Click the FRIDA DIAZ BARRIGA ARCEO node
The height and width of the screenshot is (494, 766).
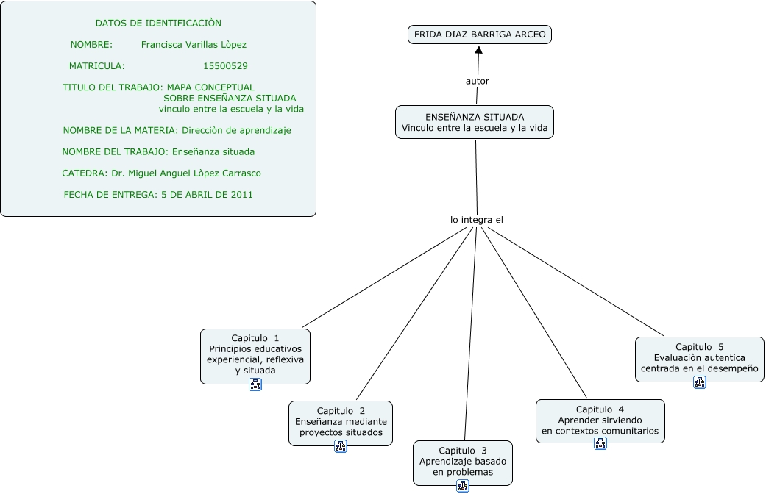click(479, 35)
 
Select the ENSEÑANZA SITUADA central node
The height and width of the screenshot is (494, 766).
click(475, 123)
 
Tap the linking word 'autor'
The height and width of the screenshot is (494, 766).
click(477, 81)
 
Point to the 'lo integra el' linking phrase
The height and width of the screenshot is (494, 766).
click(476, 219)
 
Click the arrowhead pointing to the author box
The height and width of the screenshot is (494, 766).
click(479, 50)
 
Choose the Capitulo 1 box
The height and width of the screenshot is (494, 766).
click(255, 354)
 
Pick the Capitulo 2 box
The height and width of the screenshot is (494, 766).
click(340, 422)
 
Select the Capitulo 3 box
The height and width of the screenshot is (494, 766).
click(462, 462)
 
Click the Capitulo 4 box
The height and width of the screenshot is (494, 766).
click(600, 420)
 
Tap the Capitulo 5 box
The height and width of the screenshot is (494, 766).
click(699, 357)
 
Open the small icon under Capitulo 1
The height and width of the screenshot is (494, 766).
click(255, 384)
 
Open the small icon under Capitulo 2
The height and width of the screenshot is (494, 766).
click(341, 446)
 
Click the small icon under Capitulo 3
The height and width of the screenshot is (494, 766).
click(463, 486)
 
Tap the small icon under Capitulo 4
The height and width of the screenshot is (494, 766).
click(600, 443)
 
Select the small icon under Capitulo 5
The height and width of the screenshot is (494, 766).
click(700, 382)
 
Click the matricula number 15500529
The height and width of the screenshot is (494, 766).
click(225, 66)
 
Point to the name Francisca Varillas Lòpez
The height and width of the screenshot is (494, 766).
click(194, 45)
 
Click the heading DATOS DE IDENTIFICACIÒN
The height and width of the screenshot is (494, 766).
click(158, 24)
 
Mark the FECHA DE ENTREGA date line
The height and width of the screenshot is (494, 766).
click(158, 195)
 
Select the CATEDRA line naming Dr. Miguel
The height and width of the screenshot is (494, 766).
click(162, 173)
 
